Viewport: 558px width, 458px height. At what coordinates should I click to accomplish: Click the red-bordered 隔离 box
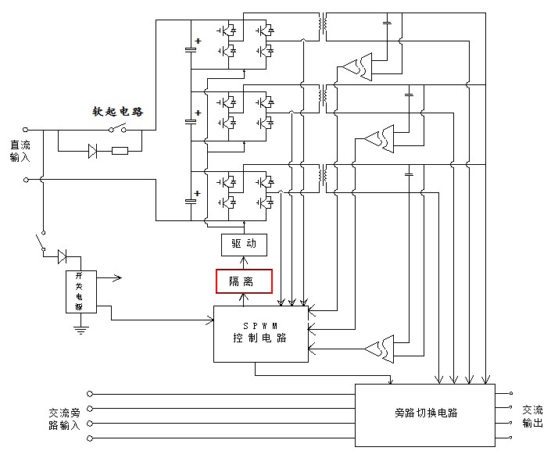click(244, 281)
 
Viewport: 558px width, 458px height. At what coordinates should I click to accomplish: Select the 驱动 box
click(244, 244)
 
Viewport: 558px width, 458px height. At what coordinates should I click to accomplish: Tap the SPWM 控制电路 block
click(259, 333)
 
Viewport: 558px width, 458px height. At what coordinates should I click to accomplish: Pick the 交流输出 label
click(533, 416)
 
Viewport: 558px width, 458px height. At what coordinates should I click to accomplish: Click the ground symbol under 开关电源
click(79, 329)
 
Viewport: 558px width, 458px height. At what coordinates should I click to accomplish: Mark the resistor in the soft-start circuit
click(120, 151)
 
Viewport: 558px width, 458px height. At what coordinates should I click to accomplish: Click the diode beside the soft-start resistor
click(93, 151)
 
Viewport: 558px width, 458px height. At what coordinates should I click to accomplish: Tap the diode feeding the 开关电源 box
click(63, 256)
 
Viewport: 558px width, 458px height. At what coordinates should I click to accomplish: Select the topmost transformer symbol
click(321, 26)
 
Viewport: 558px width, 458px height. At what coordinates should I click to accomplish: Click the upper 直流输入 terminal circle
click(27, 129)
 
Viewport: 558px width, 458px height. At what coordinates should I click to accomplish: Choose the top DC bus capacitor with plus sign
click(191, 48)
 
